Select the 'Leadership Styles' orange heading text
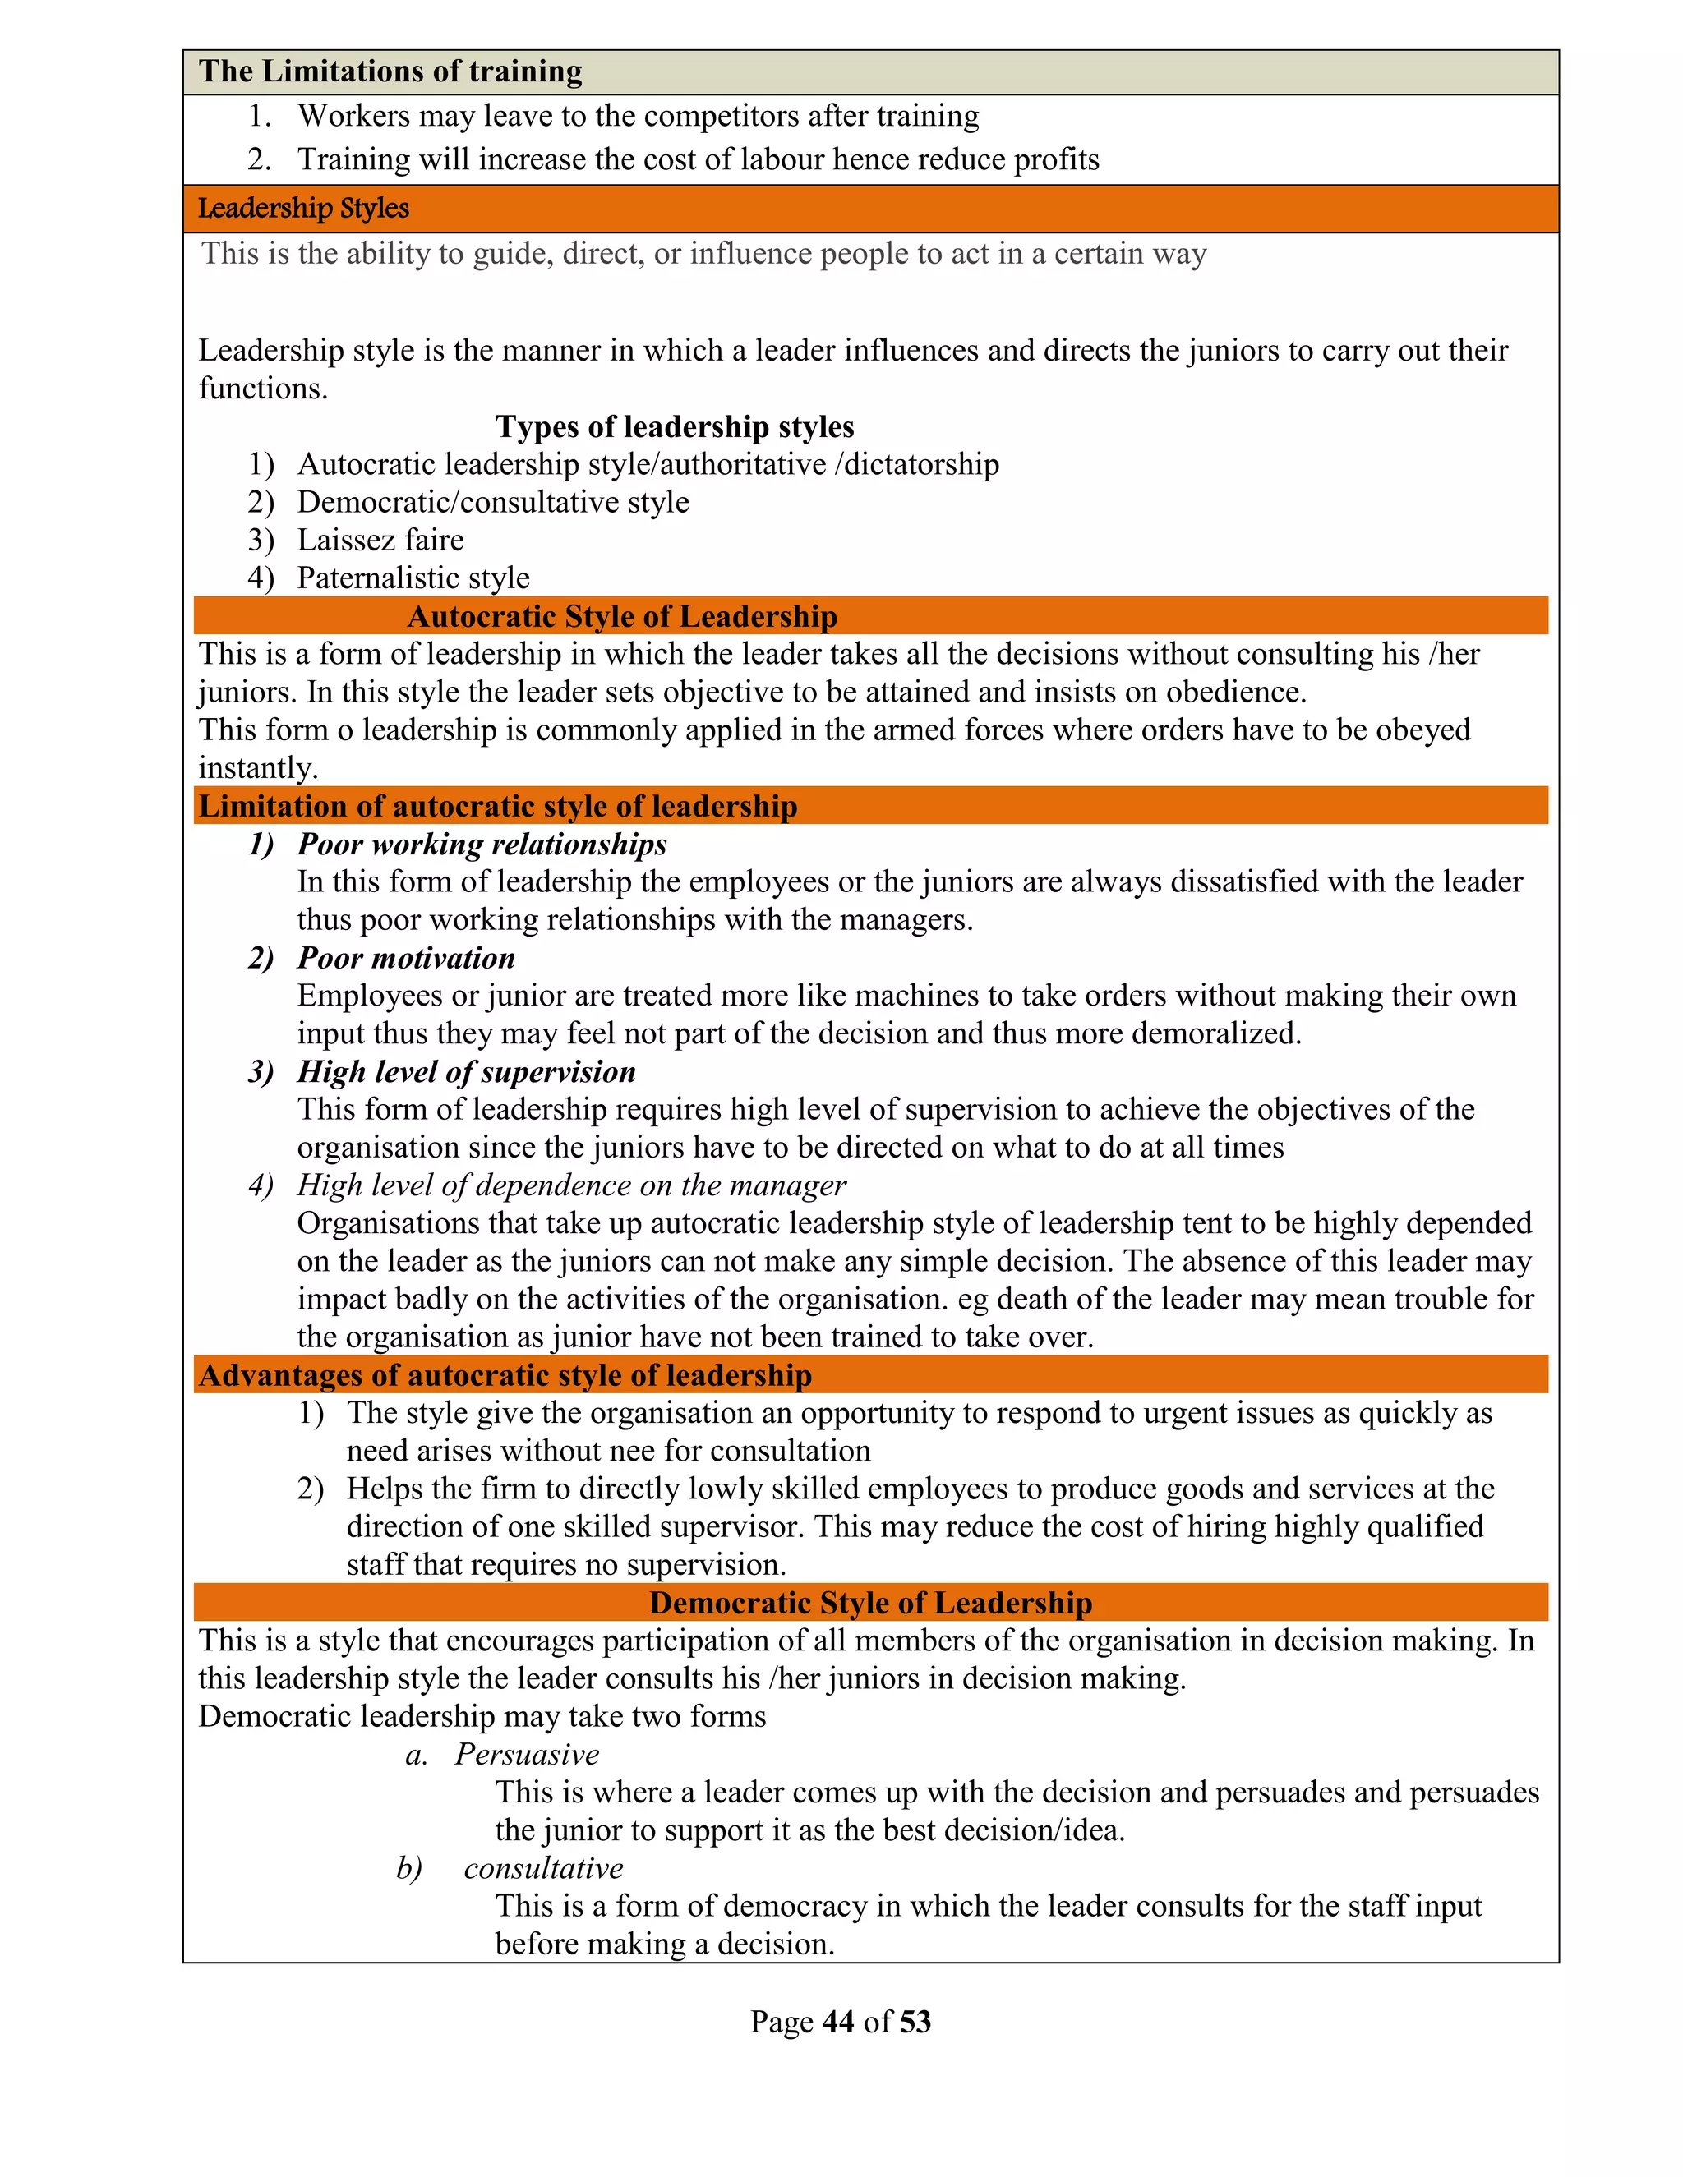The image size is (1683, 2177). (303, 209)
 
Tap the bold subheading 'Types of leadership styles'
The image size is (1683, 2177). (675, 426)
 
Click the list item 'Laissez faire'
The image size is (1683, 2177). (380, 541)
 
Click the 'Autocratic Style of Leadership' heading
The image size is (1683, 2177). (622, 616)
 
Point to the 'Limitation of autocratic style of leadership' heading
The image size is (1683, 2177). (497, 805)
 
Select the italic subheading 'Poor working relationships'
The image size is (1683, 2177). (482, 845)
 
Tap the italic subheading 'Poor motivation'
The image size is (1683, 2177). (406, 958)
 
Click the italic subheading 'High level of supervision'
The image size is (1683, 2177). (466, 1071)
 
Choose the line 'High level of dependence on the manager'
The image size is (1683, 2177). (571, 1185)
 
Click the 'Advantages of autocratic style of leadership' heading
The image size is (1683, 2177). (505, 1374)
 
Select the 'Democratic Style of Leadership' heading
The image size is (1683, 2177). (870, 1602)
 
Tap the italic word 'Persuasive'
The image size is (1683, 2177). (528, 1755)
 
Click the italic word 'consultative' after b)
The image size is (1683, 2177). (543, 1868)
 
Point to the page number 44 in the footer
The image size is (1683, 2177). (838, 2022)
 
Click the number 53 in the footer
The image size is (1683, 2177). (915, 2022)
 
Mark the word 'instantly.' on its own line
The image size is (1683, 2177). (258, 767)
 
